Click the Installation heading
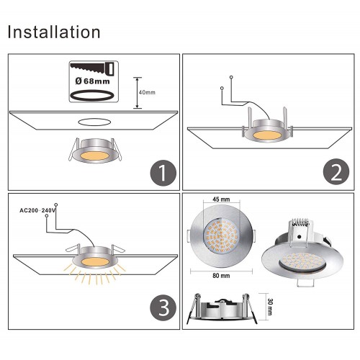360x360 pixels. coord(54,32)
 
